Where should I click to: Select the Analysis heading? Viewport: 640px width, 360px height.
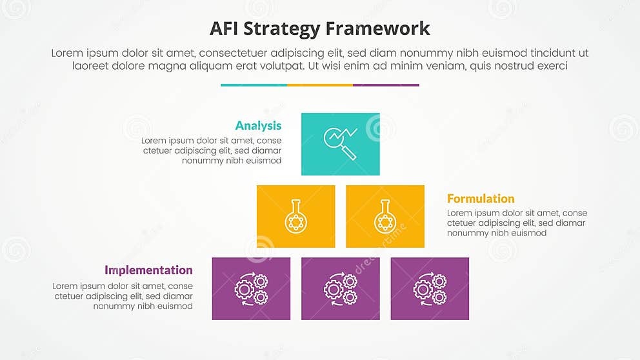[258, 126]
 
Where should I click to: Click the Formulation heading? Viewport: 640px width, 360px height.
[481, 199]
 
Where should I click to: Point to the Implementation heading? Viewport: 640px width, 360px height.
[148, 270]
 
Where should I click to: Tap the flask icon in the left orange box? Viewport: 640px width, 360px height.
[295, 217]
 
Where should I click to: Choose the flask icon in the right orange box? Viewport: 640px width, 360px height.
[385, 217]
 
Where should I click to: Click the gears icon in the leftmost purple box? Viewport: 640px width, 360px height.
[251, 289]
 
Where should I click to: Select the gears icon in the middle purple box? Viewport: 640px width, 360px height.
[341, 289]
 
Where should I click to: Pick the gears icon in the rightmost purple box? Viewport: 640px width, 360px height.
[430, 289]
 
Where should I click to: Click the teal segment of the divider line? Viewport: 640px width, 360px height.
[254, 85]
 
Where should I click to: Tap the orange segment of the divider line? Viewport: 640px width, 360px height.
[320, 85]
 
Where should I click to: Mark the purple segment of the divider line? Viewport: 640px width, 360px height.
[386, 85]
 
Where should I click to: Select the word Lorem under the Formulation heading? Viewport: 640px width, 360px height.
[461, 214]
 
